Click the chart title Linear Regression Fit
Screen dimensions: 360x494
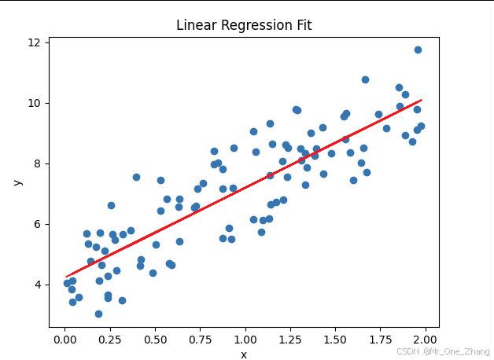tap(244, 25)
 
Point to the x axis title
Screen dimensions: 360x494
tap(244, 354)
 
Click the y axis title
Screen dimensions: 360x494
tap(17, 182)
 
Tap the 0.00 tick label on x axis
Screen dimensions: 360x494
tap(65, 340)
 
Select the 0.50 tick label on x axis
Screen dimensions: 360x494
tap(155, 340)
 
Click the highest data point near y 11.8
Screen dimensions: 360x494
tap(418, 50)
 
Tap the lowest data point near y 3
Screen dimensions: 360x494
tap(98, 314)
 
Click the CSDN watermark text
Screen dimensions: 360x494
tap(443, 351)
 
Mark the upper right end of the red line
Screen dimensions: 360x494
tap(422, 101)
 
